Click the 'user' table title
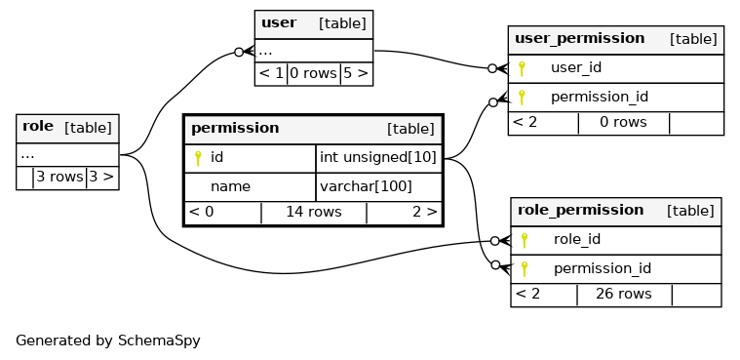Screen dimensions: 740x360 (x=279, y=22)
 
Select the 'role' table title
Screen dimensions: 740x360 (x=38, y=127)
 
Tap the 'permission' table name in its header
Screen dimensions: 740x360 (x=235, y=128)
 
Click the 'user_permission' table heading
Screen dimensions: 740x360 (x=579, y=38)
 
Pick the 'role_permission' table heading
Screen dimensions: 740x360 (x=580, y=210)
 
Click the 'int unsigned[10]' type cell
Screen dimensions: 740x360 (x=378, y=157)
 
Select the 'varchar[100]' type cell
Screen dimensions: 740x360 (x=366, y=186)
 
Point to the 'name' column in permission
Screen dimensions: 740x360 (x=230, y=186)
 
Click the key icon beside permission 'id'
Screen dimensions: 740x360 (x=198, y=158)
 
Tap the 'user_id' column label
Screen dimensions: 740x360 (x=576, y=67)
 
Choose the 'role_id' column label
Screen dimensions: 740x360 (x=577, y=239)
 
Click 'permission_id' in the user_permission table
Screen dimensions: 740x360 (x=600, y=98)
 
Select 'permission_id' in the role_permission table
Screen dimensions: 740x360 (x=603, y=269)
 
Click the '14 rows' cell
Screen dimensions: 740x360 (x=314, y=212)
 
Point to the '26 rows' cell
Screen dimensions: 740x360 (x=623, y=294)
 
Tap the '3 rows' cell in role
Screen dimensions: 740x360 (x=59, y=177)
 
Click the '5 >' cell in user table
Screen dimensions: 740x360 (x=356, y=73)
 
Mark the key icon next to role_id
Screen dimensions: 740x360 (x=524, y=240)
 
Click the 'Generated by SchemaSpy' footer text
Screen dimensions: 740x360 (x=108, y=340)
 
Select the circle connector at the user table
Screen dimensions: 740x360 (x=239, y=52)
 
